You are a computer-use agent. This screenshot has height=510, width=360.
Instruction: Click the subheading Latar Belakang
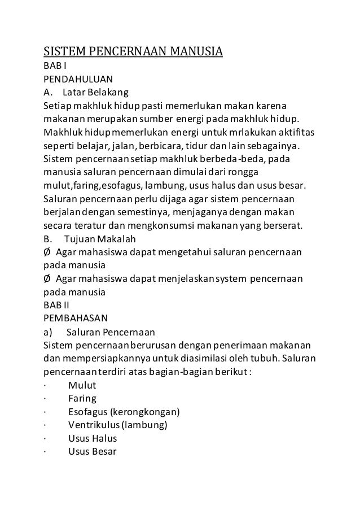[x=96, y=91]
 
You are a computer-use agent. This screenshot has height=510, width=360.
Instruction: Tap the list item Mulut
[x=82, y=386]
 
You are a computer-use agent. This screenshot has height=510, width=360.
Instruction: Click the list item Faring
[x=82, y=399]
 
